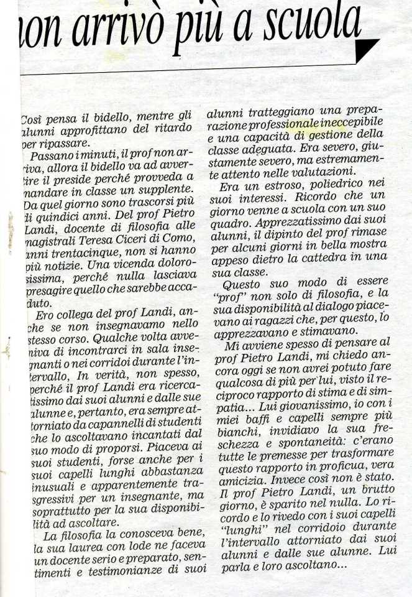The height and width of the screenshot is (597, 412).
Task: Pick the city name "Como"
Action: tap(180, 244)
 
